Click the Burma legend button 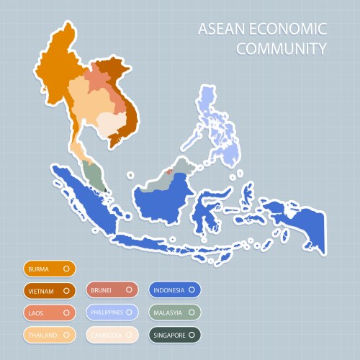[49, 269]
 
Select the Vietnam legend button [49, 291]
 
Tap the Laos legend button [49, 313]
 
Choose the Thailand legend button [49, 335]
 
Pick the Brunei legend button [112, 291]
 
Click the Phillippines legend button [112, 313]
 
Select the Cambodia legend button [112, 335]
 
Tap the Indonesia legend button [175, 291]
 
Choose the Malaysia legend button [175, 313]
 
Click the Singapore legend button [175, 335]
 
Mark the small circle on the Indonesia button [192, 291]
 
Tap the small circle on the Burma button [66, 269]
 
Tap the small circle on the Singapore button [192, 335]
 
